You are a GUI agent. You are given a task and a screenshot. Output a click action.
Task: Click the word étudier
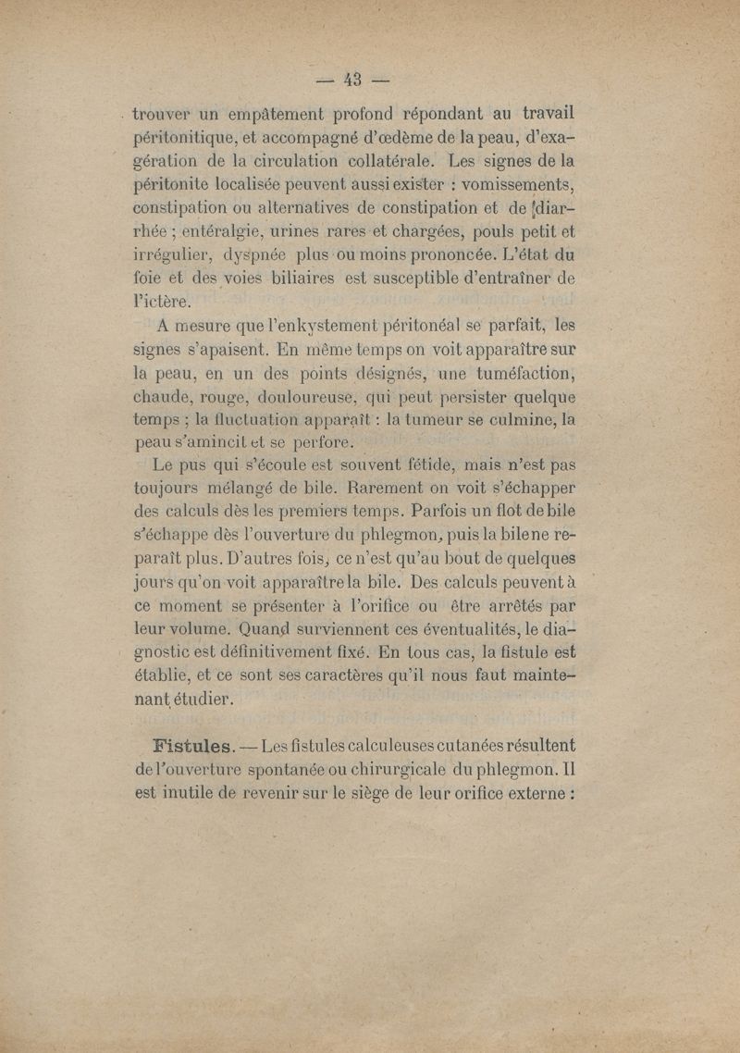point(198,700)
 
